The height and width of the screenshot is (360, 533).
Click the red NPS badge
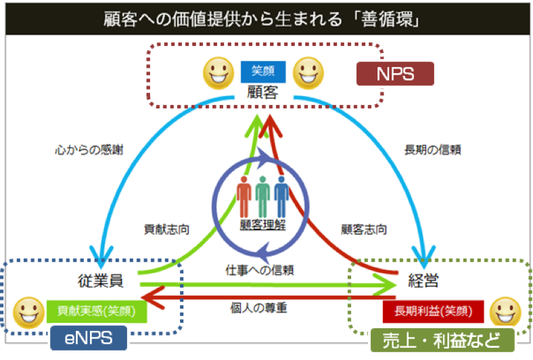395,73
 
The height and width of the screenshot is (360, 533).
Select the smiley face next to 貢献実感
28,311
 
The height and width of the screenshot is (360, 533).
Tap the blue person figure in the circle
281,196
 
